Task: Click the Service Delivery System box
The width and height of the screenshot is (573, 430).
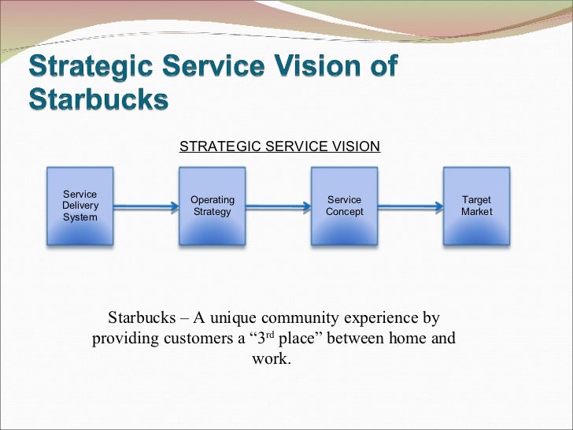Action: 79,206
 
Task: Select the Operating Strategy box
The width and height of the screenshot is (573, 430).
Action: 212,206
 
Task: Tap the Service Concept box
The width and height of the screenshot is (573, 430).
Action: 344,206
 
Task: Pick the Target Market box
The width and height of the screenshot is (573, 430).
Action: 476,206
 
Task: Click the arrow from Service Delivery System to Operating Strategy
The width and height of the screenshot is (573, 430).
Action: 146,207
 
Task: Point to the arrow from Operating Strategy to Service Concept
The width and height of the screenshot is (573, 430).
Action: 278,207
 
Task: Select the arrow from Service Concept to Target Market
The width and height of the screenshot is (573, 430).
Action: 410,207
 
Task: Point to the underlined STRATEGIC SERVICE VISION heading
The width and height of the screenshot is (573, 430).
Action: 279,146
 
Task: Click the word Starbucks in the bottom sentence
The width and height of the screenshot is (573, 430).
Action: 139,319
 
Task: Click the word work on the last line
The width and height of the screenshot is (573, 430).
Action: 270,360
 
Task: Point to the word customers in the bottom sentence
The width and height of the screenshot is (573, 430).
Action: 181,339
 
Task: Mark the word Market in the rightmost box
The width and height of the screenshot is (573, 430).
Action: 476,212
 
